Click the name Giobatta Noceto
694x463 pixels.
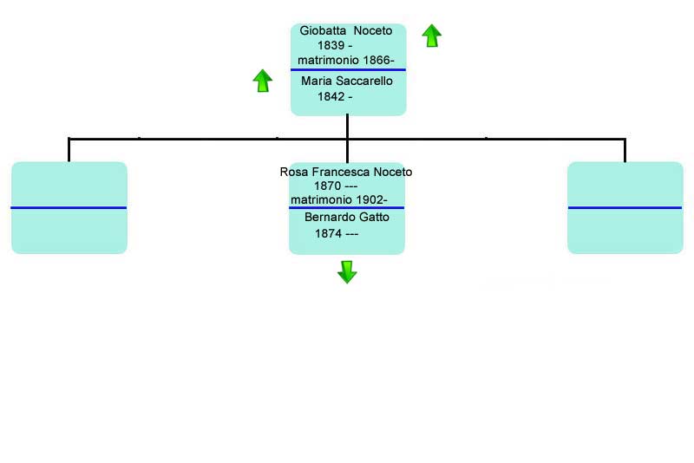pyautogui.click(x=345, y=30)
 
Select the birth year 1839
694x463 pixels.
pyautogui.click(x=331, y=45)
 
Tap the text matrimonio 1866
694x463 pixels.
pyautogui.click(x=344, y=60)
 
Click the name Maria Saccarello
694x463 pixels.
pyautogui.click(x=346, y=81)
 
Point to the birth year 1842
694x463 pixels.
pyautogui.click(x=331, y=96)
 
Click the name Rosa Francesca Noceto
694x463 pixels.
pyautogui.click(x=346, y=172)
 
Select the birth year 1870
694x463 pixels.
pyautogui.click(x=327, y=186)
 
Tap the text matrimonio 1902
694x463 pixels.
pyautogui.click(x=337, y=200)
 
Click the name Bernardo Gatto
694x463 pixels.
pyautogui.click(x=347, y=217)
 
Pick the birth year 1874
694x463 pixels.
pyautogui.click(x=328, y=233)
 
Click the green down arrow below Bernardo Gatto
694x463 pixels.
pyautogui.click(x=347, y=272)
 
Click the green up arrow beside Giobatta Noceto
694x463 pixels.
pyautogui.click(x=431, y=36)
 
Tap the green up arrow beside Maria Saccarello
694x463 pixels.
pyautogui.click(x=263, y=81)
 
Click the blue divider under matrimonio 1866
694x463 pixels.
pyautogui.click(x=349, y=69)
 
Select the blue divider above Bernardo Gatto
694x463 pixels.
pyautogui.click(x=346, y=207)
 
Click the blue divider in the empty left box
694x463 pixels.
pyautogui.click(x=69, y=207)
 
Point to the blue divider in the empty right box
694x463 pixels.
pyautogui.click(x=625, y=207)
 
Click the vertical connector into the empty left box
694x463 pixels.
pyautogui.click(x=69, y=150)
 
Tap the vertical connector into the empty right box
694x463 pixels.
pyautogui.click(x=625, y=150)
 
